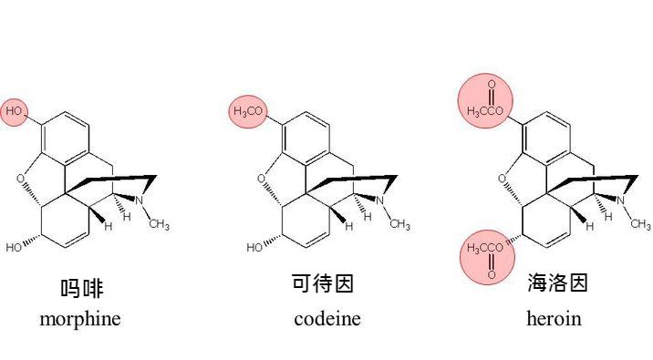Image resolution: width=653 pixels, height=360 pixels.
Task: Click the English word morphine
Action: click(x=80, y=319)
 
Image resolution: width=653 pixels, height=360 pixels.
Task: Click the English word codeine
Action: click(x=327, y=319)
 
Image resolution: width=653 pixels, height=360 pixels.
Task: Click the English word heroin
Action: click(x=554, y=319)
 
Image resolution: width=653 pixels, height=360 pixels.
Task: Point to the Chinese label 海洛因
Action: click(x=557, y=283)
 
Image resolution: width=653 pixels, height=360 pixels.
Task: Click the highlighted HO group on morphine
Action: click(x=14, y=110)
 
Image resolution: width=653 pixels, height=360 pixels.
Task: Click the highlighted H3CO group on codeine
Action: click(x=249, y=111)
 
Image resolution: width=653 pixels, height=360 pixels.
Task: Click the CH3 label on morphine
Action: click(x=159, y=225)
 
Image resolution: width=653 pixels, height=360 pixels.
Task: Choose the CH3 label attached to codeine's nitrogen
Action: click(x=399, y=225)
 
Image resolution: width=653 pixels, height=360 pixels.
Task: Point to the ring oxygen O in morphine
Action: click(x=20, y=180)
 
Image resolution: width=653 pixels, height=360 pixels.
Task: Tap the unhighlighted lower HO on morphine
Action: click(x=15, y=247)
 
